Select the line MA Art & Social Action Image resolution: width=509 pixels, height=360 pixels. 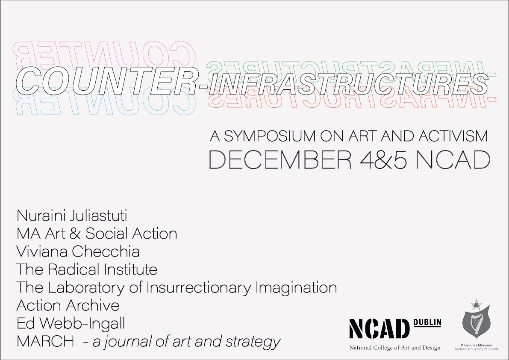(x=97, y=233)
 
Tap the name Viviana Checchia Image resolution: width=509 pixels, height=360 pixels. (x=78, y=251)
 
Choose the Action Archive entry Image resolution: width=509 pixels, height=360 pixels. (x=68, y=305)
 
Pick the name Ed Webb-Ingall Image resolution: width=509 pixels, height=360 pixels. (x=71, y=324)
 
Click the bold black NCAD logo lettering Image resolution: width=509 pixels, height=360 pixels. (x=380, y=329)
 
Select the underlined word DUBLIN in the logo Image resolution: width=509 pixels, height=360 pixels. (x=428, y=322)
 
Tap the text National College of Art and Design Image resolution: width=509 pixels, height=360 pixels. (x=394, y=348)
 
